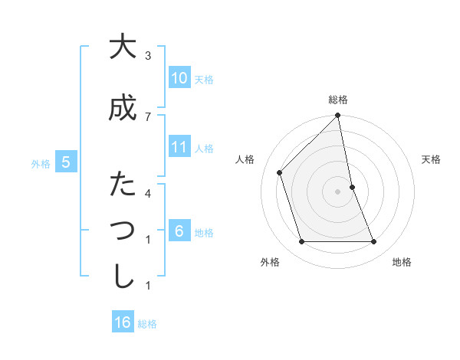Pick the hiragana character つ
[x=121, y=231]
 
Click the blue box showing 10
[x=179, y=78]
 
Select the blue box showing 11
[x=179, y=147]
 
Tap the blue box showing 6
[x=179, y=231]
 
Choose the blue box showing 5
[x=66, y=162]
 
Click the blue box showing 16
[x=123, y=322]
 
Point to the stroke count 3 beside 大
[x=148, y=56]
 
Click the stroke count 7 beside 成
[x=148, y=116]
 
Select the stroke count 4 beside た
[x=148, y=193]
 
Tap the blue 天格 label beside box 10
[x=204, y=80]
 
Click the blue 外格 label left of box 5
[x=41, y=163]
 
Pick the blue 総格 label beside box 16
[x=147, y=324]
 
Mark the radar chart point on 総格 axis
[x=337, y=116]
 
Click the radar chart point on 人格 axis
[x=280, y=172]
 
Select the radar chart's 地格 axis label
[x=402, y=263]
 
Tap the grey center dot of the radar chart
[x=337, y=191]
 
